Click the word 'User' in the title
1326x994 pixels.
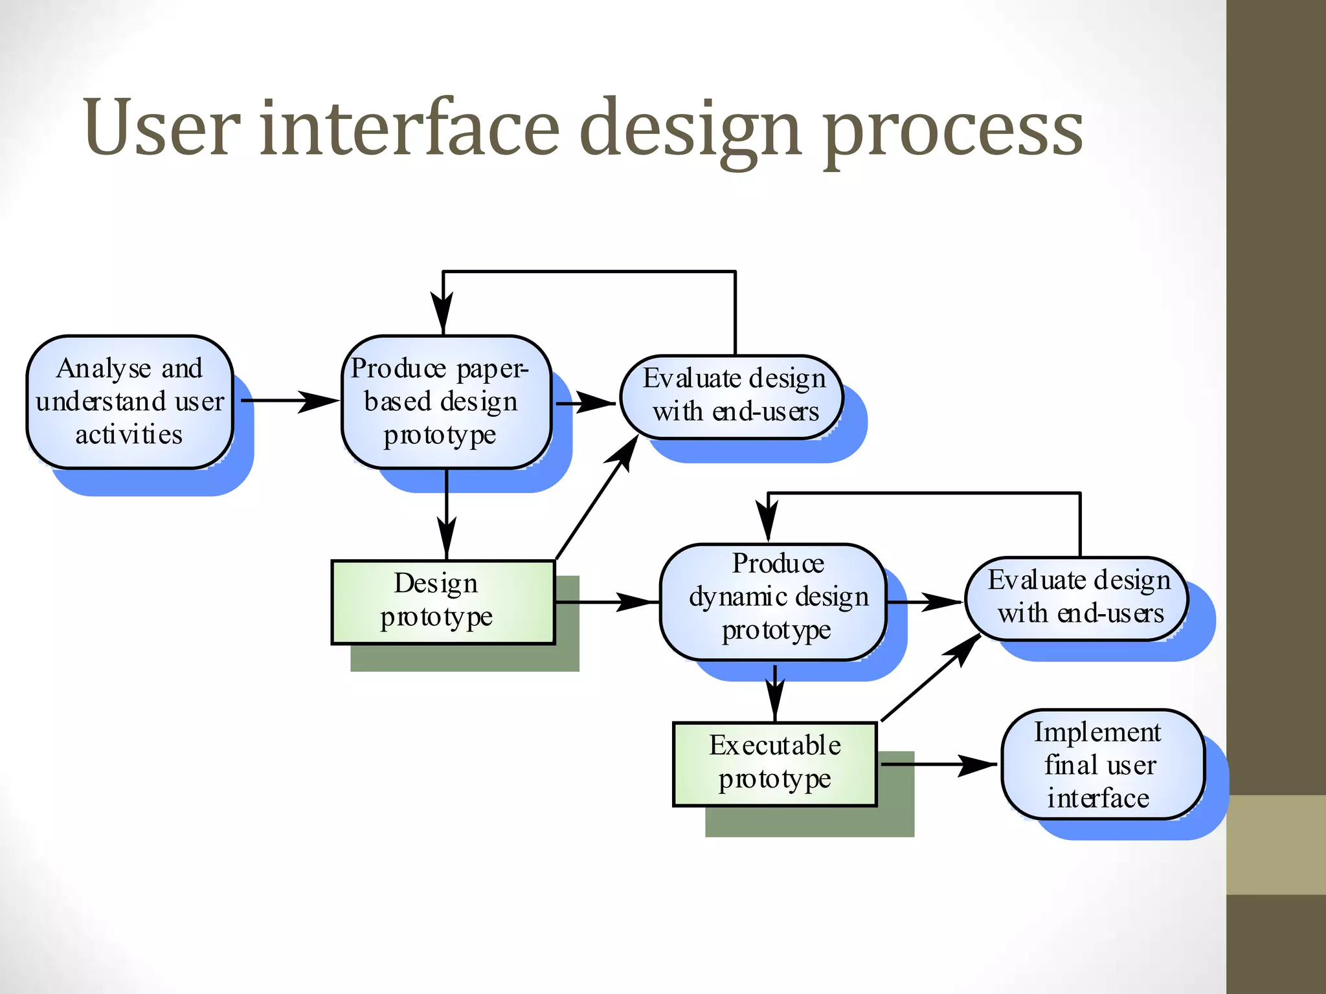(x=162, y=127)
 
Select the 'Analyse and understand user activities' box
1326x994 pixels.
(x=129, y=402)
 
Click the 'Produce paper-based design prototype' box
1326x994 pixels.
(x=446, y=402)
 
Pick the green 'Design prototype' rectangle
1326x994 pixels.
(x=443, y=602)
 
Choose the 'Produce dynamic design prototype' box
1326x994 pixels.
(x=773, y=602)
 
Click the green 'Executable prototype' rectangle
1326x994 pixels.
(x=774, y=764)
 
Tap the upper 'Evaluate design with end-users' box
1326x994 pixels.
(x=732, y=397)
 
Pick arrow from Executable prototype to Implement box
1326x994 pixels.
(x=939, y=765)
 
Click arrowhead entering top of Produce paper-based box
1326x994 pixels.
(x=443, y=314)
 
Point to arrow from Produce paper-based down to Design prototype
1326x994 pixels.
(x=447, y=514)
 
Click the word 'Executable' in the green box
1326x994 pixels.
(x=774, y=745)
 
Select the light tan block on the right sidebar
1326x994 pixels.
(x=1275, y=845)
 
